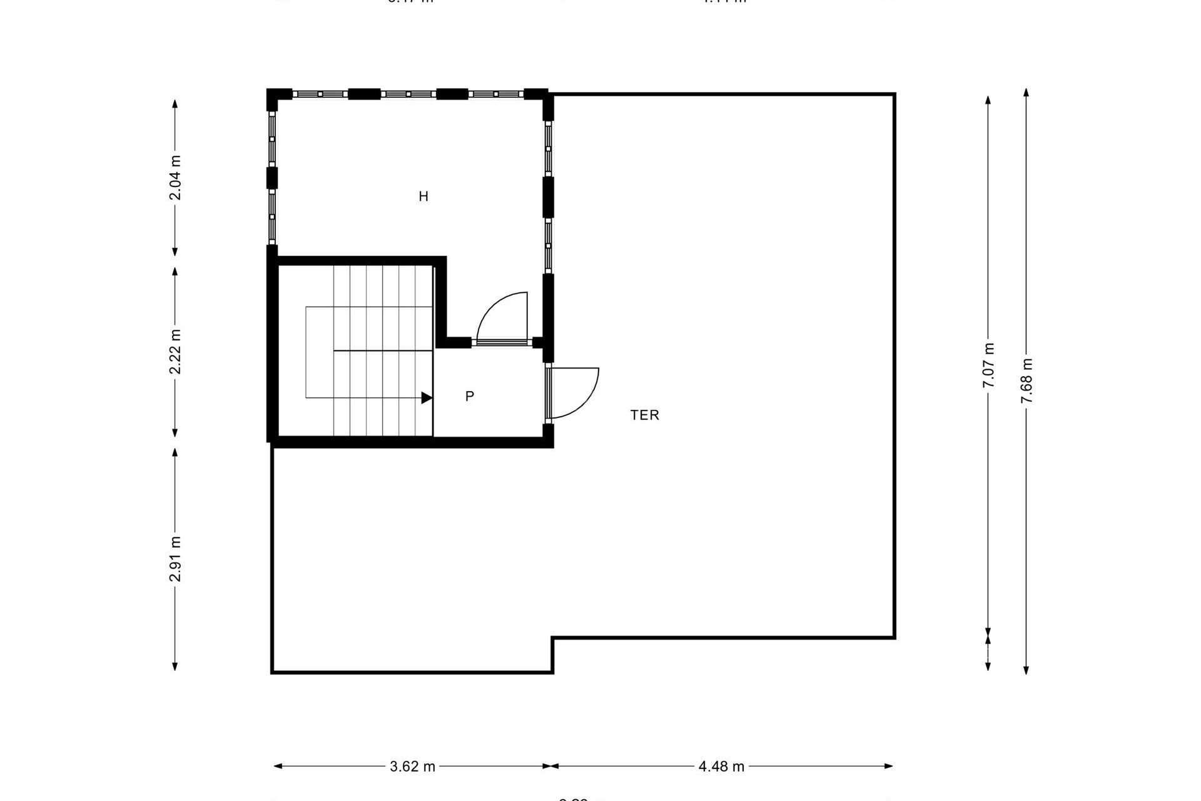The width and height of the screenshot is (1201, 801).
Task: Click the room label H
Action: click(x=423, y=196)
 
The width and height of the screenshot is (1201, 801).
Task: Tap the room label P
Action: click(x=470, y=396)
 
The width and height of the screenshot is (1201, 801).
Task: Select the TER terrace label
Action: click(x=644, y=415)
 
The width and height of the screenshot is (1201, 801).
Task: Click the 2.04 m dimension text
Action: click(x=176, y=177)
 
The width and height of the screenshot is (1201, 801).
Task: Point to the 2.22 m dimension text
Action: click(x=176, y=352)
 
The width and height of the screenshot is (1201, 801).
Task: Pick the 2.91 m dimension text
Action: click(x=176, y=559)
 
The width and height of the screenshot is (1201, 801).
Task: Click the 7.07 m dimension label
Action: click(x=988, y=365)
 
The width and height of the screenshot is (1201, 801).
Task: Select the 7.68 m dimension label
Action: click(x=1026, y=380)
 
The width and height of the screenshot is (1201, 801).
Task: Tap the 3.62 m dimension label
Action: click(x=412, y=766)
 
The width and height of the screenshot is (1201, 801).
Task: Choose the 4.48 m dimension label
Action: click(x=721, y=766)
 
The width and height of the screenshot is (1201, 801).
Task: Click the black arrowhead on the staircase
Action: click(x=427, y=397)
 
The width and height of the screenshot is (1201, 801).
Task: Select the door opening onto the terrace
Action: click(x=574, y=393)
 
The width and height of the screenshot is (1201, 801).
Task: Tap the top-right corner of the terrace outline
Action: click(x=894, y=94)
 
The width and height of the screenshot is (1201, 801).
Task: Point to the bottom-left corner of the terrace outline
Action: click(x=272, y=672)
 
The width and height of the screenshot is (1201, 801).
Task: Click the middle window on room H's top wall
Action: click(x=408, y=94)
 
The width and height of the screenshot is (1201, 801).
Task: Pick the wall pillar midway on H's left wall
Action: click(x=272, y=178)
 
